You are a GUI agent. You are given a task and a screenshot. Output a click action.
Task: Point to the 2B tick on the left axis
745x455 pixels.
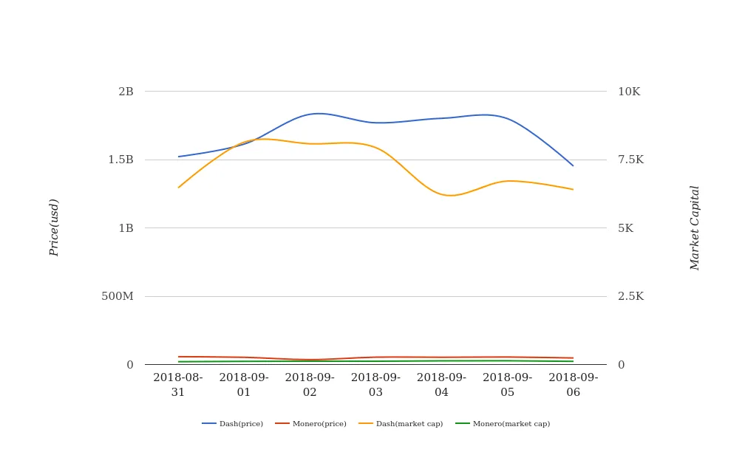[126, 92]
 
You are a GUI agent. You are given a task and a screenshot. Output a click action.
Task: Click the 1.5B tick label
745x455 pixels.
[121, 160]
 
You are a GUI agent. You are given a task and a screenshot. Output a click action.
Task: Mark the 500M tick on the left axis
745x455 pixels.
[118, 296]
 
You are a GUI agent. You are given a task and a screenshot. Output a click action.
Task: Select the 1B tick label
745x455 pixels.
[126, 228]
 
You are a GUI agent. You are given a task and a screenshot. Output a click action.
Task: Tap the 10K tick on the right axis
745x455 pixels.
[629, 92]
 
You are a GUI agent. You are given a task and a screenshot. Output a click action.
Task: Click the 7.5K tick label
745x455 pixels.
[630, 160]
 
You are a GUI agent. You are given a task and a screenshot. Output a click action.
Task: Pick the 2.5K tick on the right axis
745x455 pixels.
[630, 296]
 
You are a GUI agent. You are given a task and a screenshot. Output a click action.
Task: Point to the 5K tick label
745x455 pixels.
[625, 228]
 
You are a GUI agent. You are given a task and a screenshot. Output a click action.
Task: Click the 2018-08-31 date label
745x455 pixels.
[178, 385]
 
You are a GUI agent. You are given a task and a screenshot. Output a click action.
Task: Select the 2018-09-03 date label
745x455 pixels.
[375, 385]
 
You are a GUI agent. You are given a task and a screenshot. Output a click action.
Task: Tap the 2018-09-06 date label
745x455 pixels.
[574, 385]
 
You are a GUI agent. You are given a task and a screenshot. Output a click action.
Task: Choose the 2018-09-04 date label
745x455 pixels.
[441, 385]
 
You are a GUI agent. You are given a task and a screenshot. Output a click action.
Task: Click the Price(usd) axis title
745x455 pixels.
[54, 227]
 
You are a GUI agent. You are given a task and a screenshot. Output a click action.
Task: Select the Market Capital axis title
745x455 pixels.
[695, 227]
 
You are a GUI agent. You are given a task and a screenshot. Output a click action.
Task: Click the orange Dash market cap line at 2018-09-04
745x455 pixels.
[441, 194]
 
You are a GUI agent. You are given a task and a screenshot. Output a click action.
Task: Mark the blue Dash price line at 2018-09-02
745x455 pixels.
[310, 114]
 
